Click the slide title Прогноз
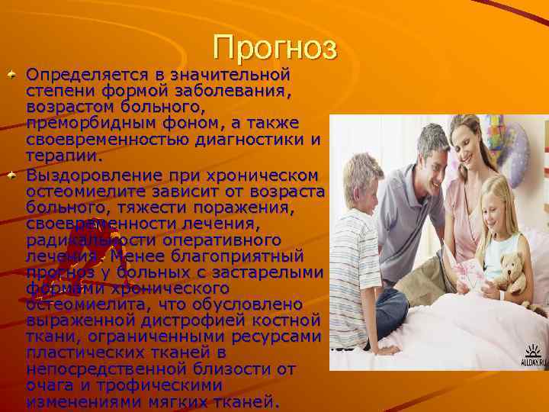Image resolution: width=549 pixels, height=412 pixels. click(x=274, y=47)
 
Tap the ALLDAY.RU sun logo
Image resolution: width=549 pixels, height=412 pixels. click(x=533, y=356)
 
